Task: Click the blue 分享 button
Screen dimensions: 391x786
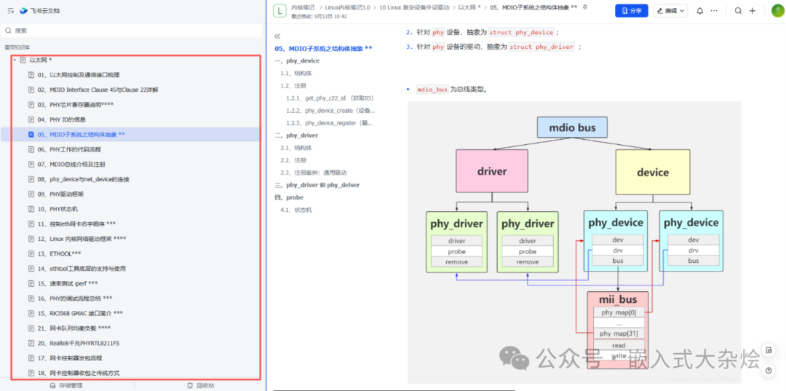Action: coord(631,11)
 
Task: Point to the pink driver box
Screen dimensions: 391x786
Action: coord(492,172)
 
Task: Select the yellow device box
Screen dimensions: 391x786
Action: coord(652,172)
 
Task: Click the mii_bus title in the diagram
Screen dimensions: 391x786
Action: coord(617,299)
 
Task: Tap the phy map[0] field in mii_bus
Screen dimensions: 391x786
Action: coord(618,312)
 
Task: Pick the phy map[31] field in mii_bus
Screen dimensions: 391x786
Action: coord(618,333)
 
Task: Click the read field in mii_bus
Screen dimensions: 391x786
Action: coord(618,346)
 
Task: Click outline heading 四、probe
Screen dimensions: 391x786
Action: coord(289,197)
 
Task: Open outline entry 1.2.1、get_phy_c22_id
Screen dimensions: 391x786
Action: coord(330,98)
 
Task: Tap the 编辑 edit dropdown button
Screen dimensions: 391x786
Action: coord(670,11)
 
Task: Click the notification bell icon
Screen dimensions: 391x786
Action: coord(699,11)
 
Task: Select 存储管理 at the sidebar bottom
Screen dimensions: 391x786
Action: coord(70,385)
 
